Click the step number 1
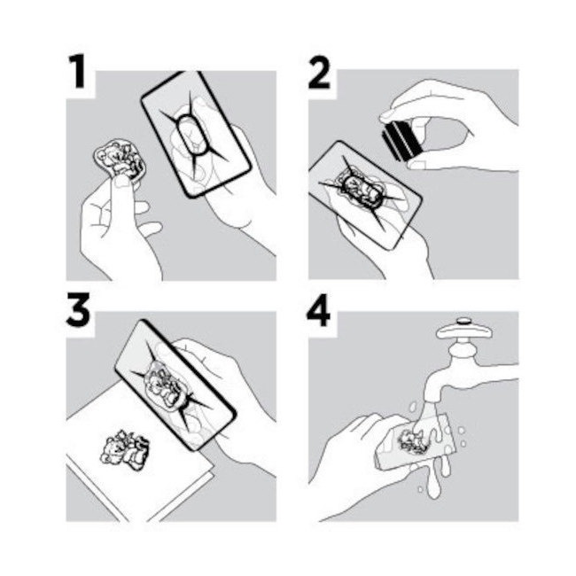click(x=77, y=72)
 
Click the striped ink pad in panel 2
click(x=401, y=141)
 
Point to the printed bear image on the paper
click(x=125, y=451)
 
